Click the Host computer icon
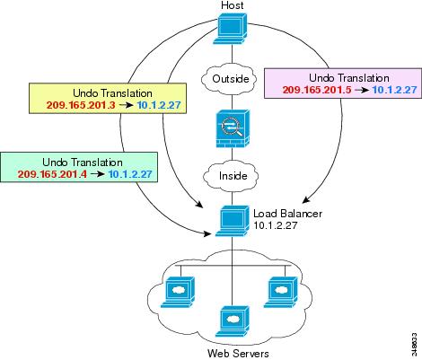point(231,30)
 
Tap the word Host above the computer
point(233,5)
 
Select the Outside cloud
point(230,79)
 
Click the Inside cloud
point(231,176)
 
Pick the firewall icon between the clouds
point(233,128)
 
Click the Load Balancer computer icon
point(233,221)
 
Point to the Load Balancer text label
point(287,214)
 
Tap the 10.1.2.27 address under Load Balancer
point(276,225)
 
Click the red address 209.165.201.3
point(81,105)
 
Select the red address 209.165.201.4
point(52,174)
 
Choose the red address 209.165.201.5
point(317,90)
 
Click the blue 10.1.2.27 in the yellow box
point(159,105)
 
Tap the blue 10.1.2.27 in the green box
point(130,174)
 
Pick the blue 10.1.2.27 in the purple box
point(395,90)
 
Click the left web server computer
point(178,292)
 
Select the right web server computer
point(281,292)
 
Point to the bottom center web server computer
point(233,321)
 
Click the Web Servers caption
point(238,354)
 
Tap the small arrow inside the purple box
point(362,90)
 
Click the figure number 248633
point(414,345)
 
